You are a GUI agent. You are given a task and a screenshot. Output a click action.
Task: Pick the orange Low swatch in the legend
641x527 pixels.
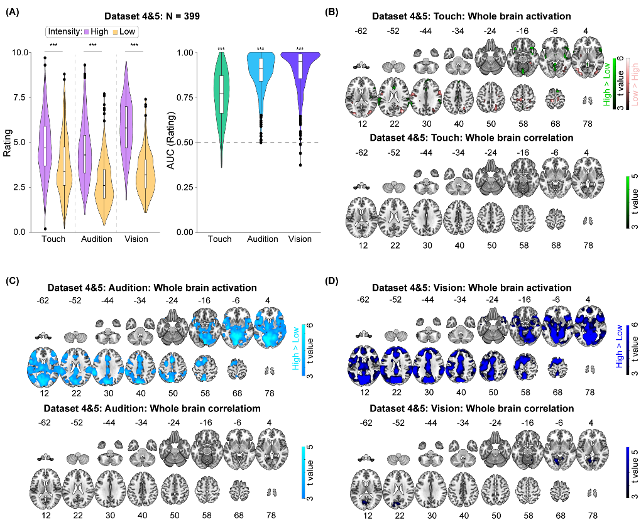(x=116, y=31)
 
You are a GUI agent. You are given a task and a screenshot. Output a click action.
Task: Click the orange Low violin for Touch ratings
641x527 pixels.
(x=64, y=170)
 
